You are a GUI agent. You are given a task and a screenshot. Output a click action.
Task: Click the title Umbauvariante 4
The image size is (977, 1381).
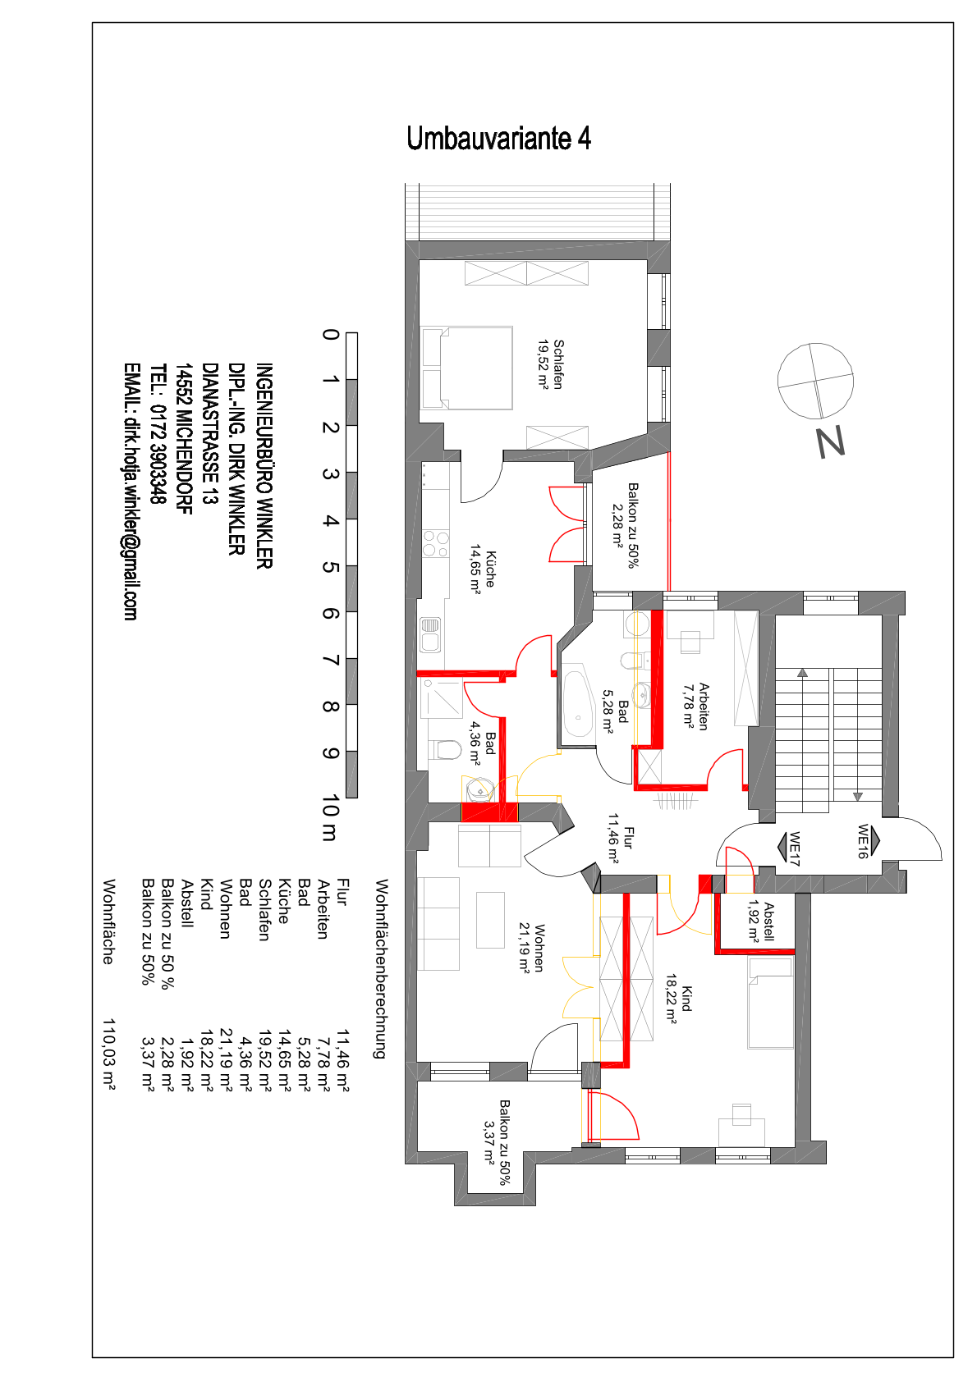click(498, 138)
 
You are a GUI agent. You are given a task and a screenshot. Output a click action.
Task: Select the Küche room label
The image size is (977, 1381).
click(483, 569)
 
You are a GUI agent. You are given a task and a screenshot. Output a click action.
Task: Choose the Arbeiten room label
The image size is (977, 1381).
click(696, 707)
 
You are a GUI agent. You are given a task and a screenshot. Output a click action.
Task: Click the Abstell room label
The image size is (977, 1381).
click(760, 921)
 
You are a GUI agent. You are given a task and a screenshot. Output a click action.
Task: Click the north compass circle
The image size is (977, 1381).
click(815, 381)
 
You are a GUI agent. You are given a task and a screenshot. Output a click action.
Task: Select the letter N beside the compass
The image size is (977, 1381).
click(830, 442)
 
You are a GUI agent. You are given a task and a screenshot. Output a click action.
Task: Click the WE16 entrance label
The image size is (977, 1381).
click(863, 842)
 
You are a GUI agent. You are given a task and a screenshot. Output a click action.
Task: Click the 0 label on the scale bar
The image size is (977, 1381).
click(331, 335)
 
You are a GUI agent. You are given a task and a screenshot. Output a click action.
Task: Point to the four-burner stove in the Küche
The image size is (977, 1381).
click(435, 543)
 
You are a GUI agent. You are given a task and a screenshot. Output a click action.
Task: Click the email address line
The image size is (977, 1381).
click(131, 492)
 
